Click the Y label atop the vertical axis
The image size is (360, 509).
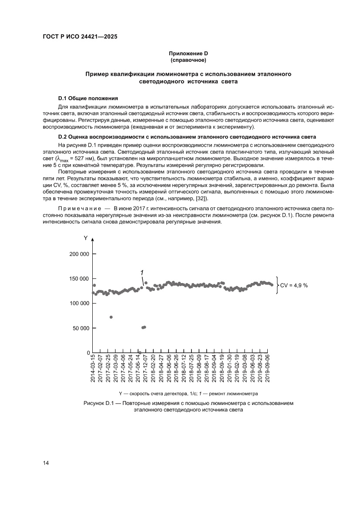pyautogui.click(x=86, y=238)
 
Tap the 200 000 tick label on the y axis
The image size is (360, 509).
pyautogui.click(x=79, y=254)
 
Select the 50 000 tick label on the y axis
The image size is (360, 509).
pyautogui.click(x=80, y=328)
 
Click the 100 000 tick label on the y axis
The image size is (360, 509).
pyautogui.click(x=79, y=303)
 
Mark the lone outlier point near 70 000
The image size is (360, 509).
pyautogui.click(x=111, y=317)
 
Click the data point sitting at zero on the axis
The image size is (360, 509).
pyautogui.click(x=140, y=352)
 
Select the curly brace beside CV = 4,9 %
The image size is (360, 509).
pyautogui.click(x=277, y=286)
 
